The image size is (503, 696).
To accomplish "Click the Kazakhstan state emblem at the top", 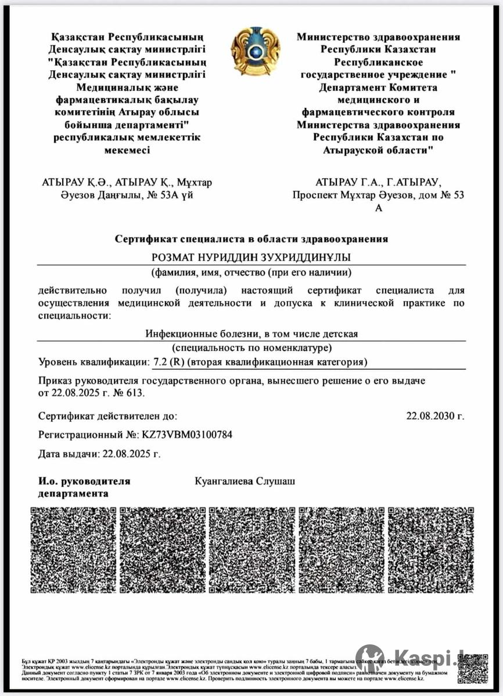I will [x=256, y=52].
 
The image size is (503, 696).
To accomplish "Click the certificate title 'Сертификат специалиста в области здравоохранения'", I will [x=251, y=238].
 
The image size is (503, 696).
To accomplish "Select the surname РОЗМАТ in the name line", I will [x=174, y=257].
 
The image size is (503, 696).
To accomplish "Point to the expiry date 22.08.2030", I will [x=435, y=416].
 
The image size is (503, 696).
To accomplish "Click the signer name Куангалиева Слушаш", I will [x=246, y=481].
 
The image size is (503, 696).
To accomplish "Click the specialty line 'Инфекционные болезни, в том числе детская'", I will [x=251, y=333].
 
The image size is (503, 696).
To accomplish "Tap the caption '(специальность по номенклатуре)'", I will [x=251, y=348].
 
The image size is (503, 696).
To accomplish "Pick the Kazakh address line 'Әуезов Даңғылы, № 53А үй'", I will [x=118, y=195].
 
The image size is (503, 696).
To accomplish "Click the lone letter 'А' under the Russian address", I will [x=379, y=208].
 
